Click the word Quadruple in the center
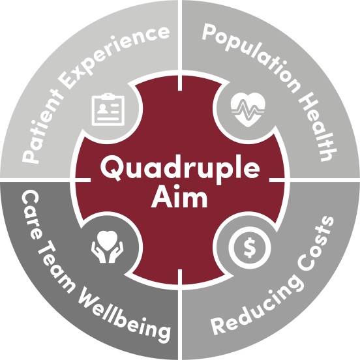click(x=180, y=168)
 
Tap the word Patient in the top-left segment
click(x=41, y=128)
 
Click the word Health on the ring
click(x=319, y=128)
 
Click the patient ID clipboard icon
click(x=108, y=110)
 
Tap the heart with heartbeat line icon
click(x=248, y=110)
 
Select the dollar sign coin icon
click(x=250, y=248)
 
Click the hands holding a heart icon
click(x=107, y=247)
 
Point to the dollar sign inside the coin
click(x=250, y=248)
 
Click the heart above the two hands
click(x=107, y=239)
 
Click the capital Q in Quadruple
click(x=111, y=169)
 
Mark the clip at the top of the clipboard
click(x=108, y=95)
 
